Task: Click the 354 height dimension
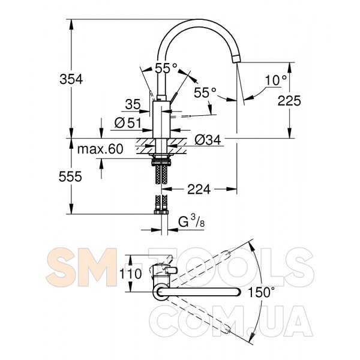pyautogui.click(x=71, y=79)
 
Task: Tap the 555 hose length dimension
pyautogui.click(x=70, y=176)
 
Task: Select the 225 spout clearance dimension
pyautogui.click(x=289, y=101)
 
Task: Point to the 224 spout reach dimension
pyautogui.click(x=199, y=190)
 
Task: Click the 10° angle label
pyautogui.click(x=276, y=80)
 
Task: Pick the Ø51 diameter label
pyautogui.click(x=128, y=123)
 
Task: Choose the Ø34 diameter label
pyautogui.click(x=208, y=140)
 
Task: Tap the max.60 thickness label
pyautogui.click(x=100, y=149)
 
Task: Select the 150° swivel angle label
pyautogui.click(x=261, y=293)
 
